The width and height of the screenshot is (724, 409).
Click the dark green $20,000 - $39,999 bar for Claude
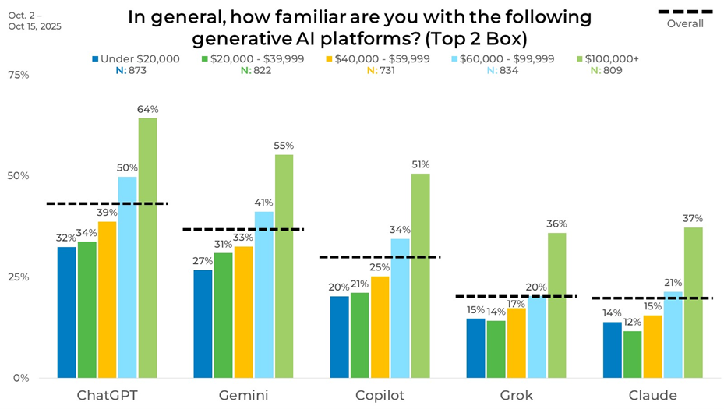[633, 354]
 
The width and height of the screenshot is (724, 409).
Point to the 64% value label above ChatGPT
[147, 109]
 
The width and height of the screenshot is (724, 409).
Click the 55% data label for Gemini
[284, 146]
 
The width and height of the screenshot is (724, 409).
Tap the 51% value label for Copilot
[419, 164]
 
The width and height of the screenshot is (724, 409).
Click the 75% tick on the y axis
[18, 75]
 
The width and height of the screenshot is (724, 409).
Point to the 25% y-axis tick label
[18, 277]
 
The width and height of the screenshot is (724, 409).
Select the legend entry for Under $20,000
[136, 58]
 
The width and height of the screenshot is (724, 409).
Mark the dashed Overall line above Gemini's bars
[242, 229]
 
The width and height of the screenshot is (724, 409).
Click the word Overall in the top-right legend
[685, 23]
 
